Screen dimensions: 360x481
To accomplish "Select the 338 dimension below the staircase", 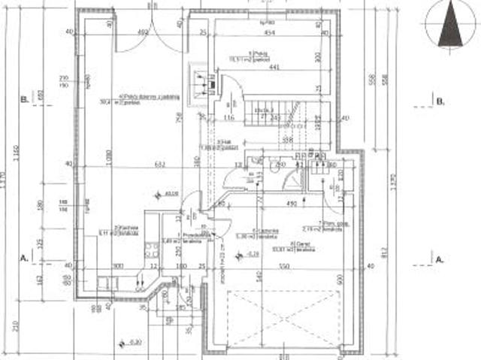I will (286, 141).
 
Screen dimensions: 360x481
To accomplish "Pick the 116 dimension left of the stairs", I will (230, 118).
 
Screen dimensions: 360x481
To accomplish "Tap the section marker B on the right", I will (440, 101).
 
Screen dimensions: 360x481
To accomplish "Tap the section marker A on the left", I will (25, 257).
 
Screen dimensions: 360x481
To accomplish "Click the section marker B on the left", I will (25, 98).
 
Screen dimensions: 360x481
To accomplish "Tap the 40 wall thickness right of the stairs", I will (346, 118).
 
